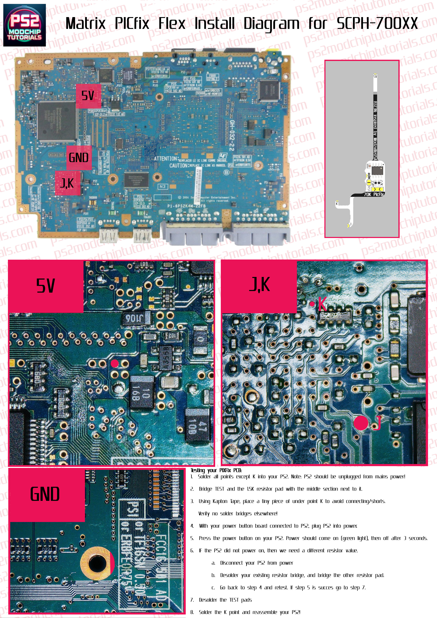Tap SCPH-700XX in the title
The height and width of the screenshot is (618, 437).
pyautogui.click(x=377, y=23)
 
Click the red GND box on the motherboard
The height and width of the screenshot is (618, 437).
pyautogui.click(x=79, y=158)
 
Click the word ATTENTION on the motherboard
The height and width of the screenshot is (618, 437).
pyautogui.click(x=166, y=159)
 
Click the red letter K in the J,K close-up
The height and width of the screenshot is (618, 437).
pyautogui.click(x=322, y=304)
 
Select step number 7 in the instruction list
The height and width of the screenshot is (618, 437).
pyautogui.click(x=192, y=600)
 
